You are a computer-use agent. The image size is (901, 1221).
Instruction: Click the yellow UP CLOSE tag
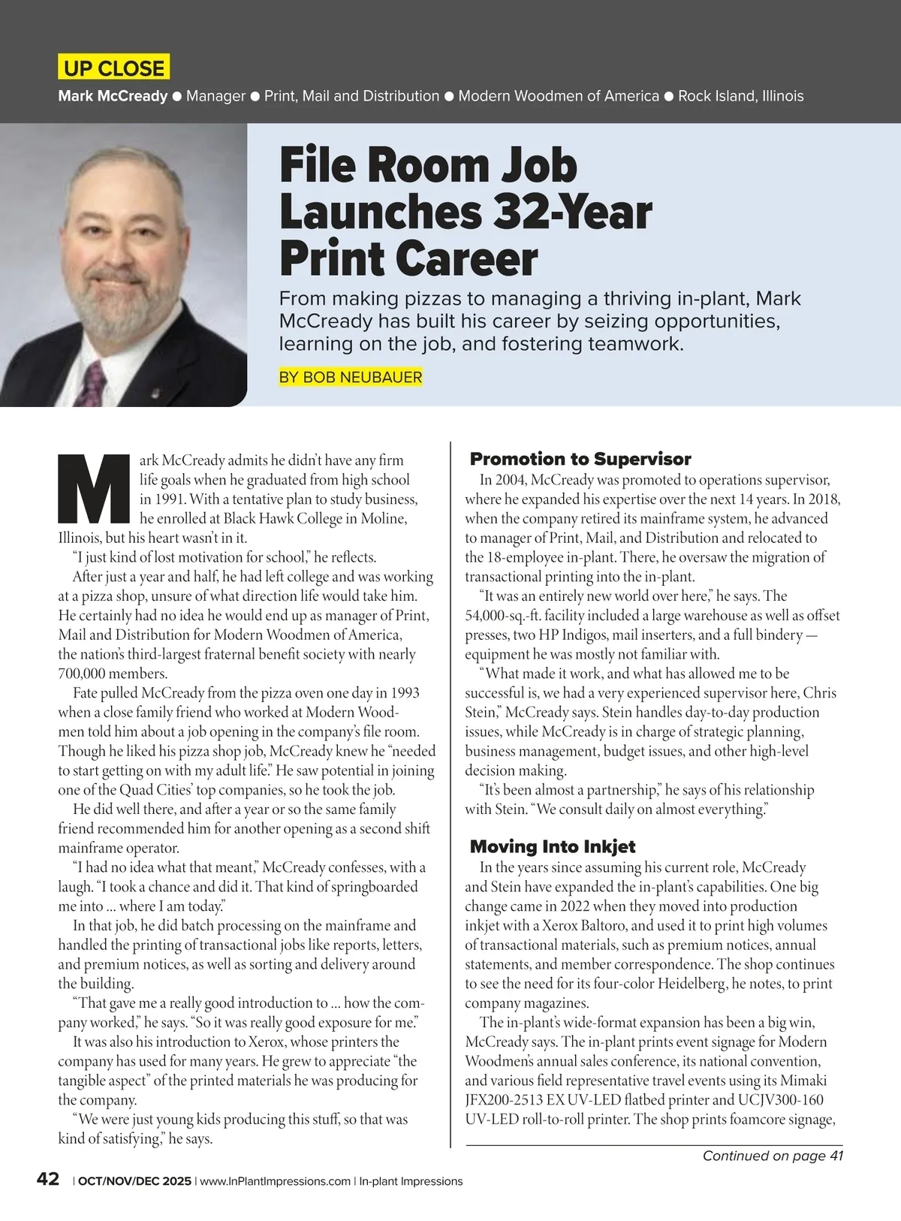(x=113, y=68)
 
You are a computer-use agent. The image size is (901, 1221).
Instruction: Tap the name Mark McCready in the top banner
(x=113, y=96)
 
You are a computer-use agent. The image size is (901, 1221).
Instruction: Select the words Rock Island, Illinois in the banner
(x=740, y=96)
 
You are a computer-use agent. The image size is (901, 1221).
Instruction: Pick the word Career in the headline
(x=467, y=259)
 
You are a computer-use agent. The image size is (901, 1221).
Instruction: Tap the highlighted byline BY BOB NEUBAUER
(x=350, y=377)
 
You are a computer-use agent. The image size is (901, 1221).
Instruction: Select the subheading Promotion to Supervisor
(x=580, y=459)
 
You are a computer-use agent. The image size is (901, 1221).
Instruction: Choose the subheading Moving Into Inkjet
(x=552, y=846)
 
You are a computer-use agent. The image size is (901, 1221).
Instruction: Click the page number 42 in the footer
(x=48, y=1179)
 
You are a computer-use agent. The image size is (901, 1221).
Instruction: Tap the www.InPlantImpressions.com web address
(x=275, y=1181)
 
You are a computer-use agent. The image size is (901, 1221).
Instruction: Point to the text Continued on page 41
(x=773, y=1156)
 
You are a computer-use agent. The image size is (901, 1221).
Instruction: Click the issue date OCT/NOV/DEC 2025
(x=134, y=1181)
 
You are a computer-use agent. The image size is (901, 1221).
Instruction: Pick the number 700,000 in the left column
(x=84, y=674)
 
